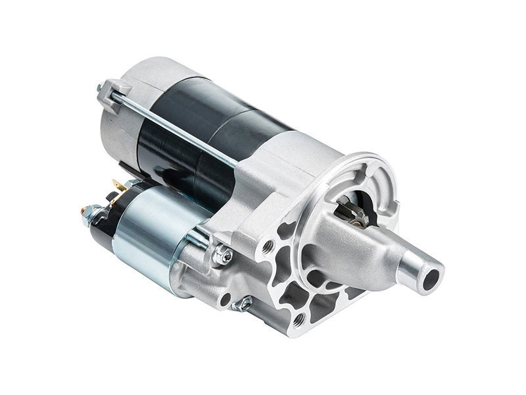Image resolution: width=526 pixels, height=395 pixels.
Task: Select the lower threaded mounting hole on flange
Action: coord(299,319)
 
